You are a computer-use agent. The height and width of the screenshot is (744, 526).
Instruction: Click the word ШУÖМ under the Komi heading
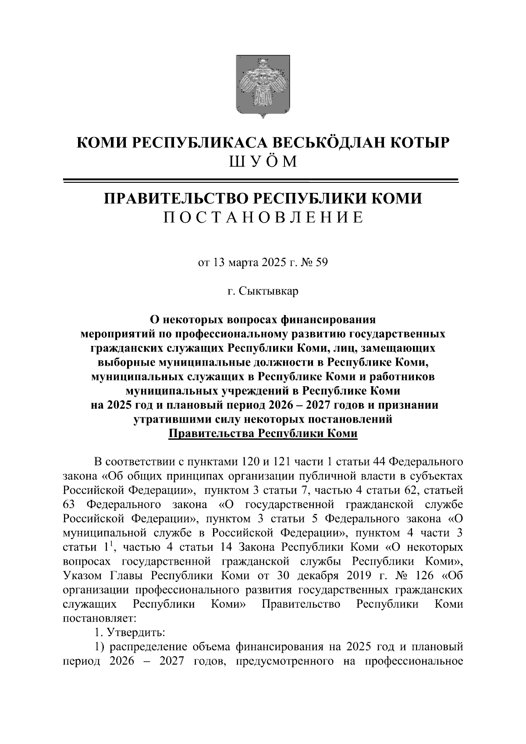263,162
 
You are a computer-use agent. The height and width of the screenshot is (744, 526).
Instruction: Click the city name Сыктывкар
269,291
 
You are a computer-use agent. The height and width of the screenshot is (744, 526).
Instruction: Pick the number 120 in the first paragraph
251,462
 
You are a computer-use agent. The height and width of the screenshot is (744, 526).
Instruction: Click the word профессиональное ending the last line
414,661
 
